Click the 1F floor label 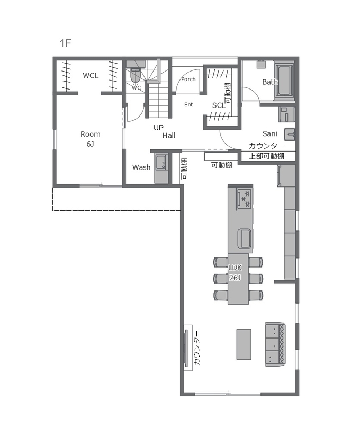pos(65,43)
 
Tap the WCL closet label pos(91,75)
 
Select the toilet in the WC pos(136,75)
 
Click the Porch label pos(188,79)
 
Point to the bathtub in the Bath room pos(284,81)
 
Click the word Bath pos(270,82)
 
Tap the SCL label pos(219,105)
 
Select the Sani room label pos(270,133)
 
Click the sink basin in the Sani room pos(290,133)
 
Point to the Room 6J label pos(90,139)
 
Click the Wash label pos(141,167)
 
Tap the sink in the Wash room pos(161,163)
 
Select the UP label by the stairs pos(159,128)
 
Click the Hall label pos(169,136)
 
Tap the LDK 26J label pos(235,272)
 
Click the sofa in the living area pos(275,344)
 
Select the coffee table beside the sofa pos(244,344)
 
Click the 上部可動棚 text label pos(266,156)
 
